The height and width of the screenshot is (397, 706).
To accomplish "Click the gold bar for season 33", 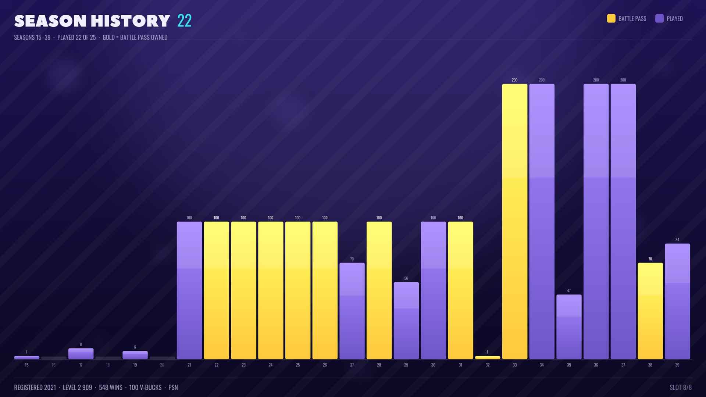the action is (514, 221).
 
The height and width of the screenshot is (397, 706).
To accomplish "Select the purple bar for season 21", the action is (189, 290).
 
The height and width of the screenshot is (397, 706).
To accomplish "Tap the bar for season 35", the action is (569, 327).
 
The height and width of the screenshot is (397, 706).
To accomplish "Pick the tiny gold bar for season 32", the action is (488, 357).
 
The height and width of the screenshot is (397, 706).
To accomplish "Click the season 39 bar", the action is (677, 301).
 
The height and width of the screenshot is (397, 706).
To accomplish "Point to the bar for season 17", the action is (81, 354).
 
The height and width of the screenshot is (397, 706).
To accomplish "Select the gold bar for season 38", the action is (650, 311).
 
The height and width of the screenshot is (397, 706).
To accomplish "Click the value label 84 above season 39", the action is (677, 240).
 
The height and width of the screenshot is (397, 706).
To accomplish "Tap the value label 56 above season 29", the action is (406, 278).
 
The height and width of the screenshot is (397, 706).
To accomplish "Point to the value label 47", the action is (569, 291).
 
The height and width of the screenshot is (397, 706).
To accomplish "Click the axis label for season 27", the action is (352, 365).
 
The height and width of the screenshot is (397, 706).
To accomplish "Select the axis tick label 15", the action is (26, 365).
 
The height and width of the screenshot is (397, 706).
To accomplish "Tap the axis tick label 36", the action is (596, 365).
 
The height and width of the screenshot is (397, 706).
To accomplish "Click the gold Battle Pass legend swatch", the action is (611, 18).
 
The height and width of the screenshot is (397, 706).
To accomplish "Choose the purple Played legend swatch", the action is (659, 18).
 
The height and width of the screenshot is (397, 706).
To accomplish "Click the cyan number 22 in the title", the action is (184, 21).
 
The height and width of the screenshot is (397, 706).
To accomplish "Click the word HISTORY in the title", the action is (131, 21).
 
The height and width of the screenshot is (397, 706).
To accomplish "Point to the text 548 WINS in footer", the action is (111, 387).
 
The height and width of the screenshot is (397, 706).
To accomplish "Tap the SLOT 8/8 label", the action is (681, 387).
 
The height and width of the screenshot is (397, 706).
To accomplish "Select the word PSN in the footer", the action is (173, 387).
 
